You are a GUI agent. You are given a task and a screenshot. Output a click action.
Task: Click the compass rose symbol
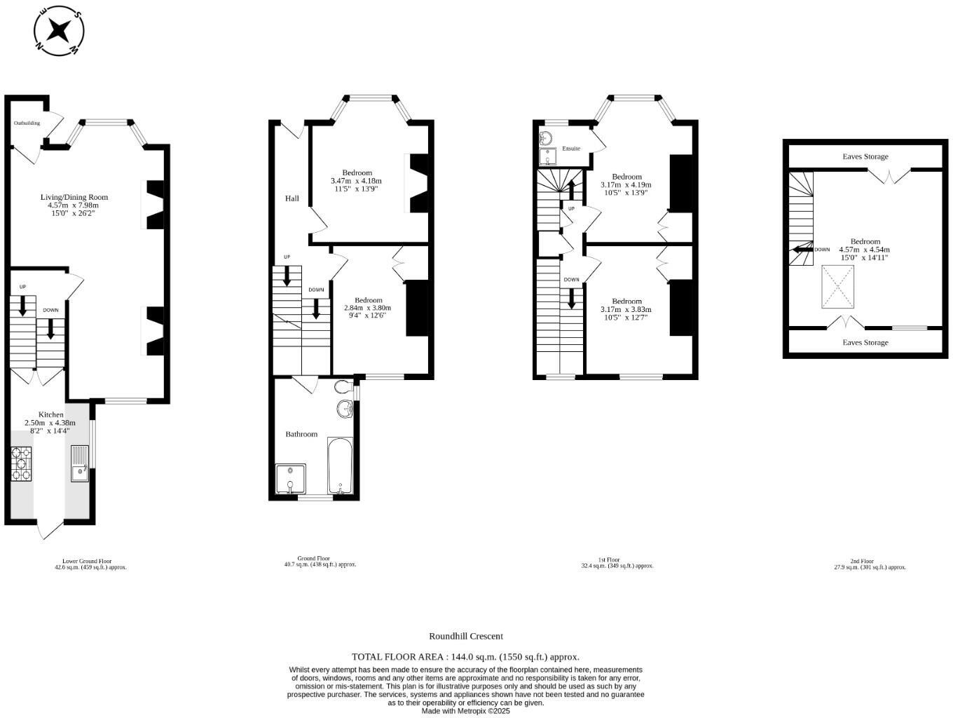coord(60,31)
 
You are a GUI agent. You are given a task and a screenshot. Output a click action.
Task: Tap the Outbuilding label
coord(27,123)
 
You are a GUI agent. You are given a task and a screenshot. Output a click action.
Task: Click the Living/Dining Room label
coord(74,197)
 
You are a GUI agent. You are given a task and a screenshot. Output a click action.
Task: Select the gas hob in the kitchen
coord(22,463)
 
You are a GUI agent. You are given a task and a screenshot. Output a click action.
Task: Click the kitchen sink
coord(80,464)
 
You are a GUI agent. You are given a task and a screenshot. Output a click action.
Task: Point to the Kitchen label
coord(50,415)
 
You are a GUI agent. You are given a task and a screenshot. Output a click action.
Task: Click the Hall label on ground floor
coord(292,198)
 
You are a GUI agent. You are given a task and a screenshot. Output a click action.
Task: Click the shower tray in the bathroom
coord(291,480)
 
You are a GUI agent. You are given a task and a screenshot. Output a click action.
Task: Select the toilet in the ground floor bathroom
coord(343,387)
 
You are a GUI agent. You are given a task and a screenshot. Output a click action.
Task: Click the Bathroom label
coord(301,434)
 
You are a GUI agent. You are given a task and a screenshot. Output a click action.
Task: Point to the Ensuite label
coord(571,149)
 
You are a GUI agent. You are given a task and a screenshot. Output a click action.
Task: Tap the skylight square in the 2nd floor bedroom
coord(838,287)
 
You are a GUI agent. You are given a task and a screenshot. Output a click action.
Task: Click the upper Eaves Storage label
coord(865,156)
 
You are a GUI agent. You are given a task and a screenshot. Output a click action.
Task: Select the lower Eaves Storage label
coord(865,342)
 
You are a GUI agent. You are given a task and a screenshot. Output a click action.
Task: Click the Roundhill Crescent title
coord(466,636)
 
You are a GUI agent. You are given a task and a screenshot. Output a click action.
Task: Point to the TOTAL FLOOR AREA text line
coord(465,657)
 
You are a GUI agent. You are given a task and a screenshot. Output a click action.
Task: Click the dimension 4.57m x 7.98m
coord(74,205)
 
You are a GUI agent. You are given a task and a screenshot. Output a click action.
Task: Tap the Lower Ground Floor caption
coord(87,561)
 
